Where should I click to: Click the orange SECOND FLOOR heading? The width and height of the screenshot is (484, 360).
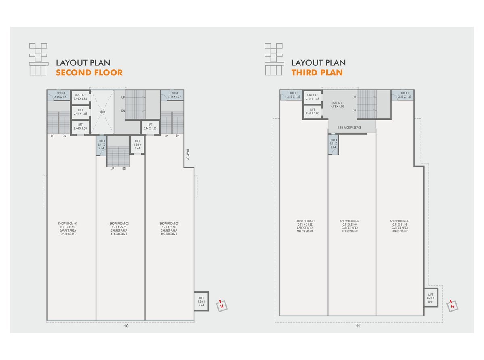[89, 73]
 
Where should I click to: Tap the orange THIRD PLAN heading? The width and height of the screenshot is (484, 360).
[317, 73]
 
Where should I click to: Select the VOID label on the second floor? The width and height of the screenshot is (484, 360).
[102, 112]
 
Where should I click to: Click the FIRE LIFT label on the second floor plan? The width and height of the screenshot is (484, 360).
[80, 96]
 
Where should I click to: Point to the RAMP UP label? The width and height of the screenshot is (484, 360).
[188, 155]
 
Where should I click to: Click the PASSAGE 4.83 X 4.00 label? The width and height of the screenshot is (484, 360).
[337, 105]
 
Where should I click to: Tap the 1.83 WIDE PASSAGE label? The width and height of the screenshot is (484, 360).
[350, 128]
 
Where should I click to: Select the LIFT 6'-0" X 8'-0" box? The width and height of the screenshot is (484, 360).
[431, 297]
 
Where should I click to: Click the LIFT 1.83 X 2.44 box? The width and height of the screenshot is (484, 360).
[201, 301]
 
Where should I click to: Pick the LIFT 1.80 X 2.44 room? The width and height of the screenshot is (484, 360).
[137, 144]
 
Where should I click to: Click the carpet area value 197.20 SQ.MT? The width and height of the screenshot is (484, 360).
[68, 234]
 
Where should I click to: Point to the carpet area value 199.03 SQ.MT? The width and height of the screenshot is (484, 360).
[305, 232]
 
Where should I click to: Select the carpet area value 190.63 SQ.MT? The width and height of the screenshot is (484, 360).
[169, 234]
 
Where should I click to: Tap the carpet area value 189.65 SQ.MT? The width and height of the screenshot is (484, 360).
[400, 232]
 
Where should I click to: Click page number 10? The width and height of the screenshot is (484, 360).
[126, 326]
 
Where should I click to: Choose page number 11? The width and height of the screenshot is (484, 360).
[358, 326]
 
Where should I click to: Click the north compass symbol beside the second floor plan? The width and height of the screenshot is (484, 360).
[222, 306]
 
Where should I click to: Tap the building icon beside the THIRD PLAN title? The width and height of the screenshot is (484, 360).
[274, 59]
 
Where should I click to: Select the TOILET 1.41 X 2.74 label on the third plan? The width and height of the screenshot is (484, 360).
[333, 144]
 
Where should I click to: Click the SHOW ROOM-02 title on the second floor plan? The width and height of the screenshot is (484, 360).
[119, 224]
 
